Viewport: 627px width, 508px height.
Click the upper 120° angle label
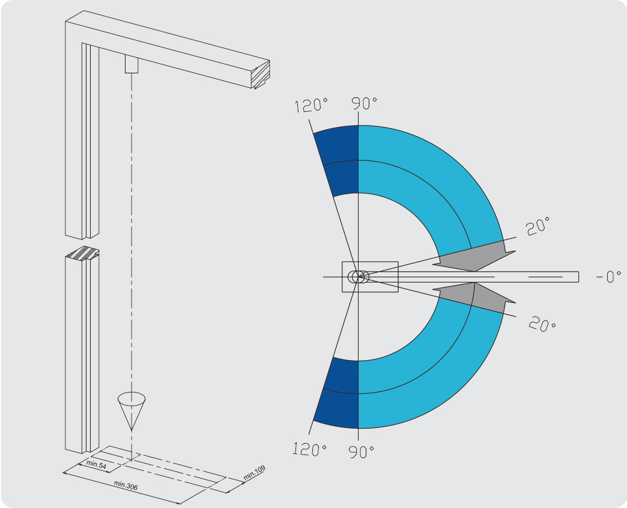tap(311, 105)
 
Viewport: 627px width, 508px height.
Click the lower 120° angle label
tap(310, 449)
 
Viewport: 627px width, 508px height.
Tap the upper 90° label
tap(365, 103)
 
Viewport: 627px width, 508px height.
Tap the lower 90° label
tap(362, 451)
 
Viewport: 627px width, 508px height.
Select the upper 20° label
tap(538, 226)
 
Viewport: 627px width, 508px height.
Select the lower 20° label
tap(542, 324)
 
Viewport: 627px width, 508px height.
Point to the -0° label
tap(608, 276)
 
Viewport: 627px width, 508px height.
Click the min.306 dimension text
tap(126, 485)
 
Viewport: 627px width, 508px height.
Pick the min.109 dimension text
tap(254, 473)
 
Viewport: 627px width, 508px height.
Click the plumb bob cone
tap(132, 411)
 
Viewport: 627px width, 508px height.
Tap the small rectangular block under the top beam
tap(132, 64)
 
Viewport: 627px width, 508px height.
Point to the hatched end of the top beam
tap(260, 75)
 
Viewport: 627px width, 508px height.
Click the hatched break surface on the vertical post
tap(82, 254)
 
